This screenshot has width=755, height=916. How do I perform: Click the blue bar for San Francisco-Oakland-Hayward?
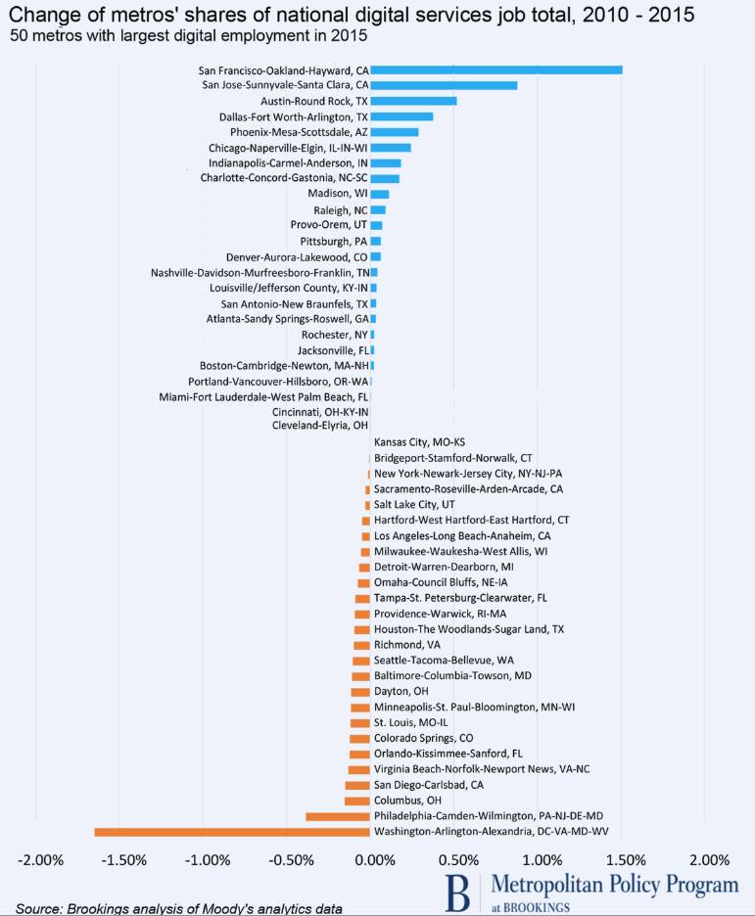[496, 69]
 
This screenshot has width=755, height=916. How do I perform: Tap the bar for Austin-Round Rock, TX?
[414, 101]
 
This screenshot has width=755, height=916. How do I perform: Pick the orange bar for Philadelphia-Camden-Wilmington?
[338, 816]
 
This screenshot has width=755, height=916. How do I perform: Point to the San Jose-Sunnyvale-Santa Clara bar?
[444, 85]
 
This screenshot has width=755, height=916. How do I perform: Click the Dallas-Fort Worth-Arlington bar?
[402, 116]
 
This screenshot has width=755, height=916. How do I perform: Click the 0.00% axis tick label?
[373, 861]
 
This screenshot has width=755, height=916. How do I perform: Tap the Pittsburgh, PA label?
[328, 241]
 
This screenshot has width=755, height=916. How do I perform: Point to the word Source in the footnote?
[39, 908]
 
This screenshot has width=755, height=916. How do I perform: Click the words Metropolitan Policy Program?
[615, 885]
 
